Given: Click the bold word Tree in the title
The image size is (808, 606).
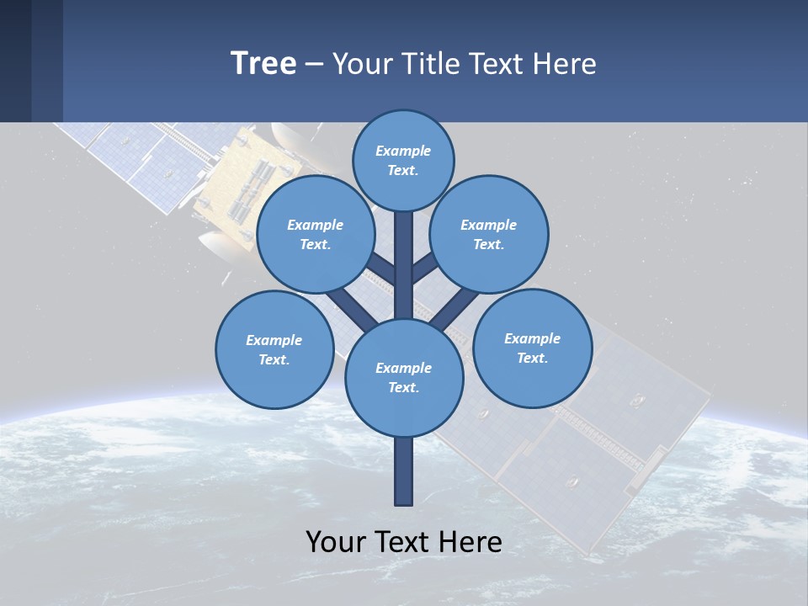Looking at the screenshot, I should (263, 63).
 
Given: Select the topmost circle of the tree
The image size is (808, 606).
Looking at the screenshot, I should (403, 160).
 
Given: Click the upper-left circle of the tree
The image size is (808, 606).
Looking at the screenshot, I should (315, 235).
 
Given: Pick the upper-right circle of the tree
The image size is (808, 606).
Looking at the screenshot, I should (489, 235).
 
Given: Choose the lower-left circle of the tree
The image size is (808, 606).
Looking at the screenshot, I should (274, 349).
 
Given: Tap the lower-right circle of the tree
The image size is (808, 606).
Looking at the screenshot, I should (532, 348).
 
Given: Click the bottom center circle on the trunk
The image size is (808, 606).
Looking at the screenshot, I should (404, 377).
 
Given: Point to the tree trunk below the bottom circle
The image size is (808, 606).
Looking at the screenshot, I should (404, 471).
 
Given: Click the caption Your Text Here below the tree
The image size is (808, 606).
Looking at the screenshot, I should (404, 542).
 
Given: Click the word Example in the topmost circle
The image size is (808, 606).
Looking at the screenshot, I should (403, 151).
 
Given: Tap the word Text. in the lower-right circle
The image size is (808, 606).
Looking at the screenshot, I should (532, 358).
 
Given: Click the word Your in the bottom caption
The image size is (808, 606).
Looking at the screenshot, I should (337, 542).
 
